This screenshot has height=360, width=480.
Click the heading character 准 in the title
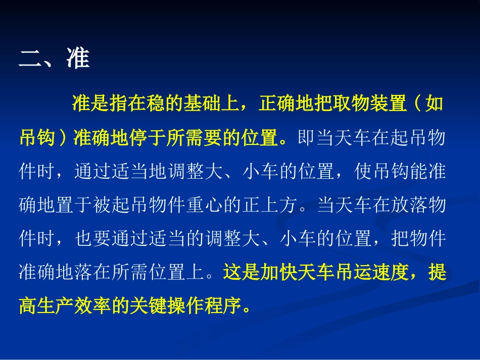tap(78, 59)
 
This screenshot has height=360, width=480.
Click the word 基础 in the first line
tap(202, 105)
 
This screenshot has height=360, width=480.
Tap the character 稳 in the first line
tap(156, 105)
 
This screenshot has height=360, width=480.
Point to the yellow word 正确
tap(276, 105)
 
